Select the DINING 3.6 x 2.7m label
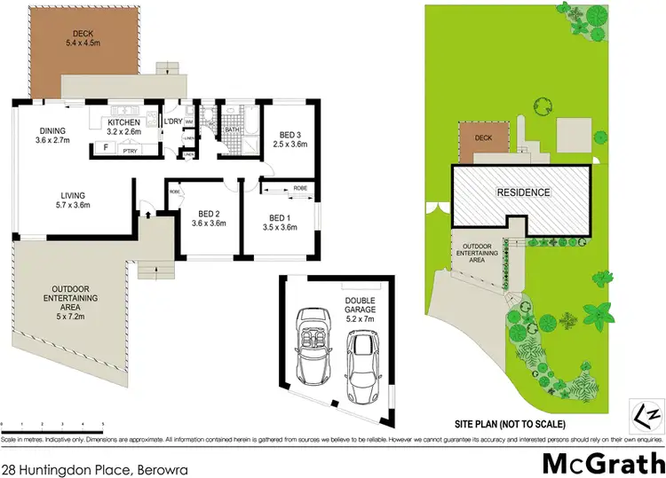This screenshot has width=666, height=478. tap(52, 134)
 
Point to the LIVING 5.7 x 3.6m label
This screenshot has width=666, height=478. tap(73, 200)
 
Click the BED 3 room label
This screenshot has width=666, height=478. tap(289, 137)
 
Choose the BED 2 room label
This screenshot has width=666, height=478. tap(210, 219)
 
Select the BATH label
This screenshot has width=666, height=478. tap(233, 129)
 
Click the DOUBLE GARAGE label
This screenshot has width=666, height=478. tap(359, 307)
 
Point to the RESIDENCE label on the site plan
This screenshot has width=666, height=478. tap(523, 192)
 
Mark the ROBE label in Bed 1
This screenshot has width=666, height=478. tap(300, 188)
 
